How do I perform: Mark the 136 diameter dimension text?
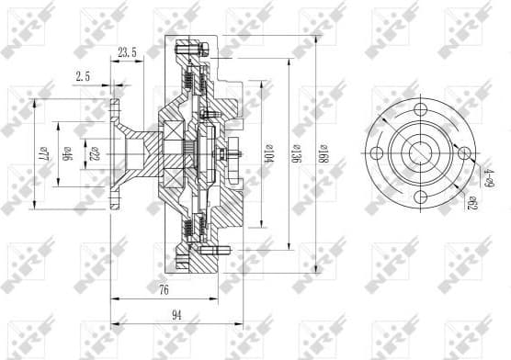pyautogui.click(x=296, y=152)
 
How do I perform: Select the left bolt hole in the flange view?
pyautogui.click(x=380, y=152)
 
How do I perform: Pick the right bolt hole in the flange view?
pyautogui.click(x=464, y=152)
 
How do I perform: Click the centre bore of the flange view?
pyautogui.click(x=423, y=152)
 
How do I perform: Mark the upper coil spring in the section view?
pyautogui.click(x=190, y=82)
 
